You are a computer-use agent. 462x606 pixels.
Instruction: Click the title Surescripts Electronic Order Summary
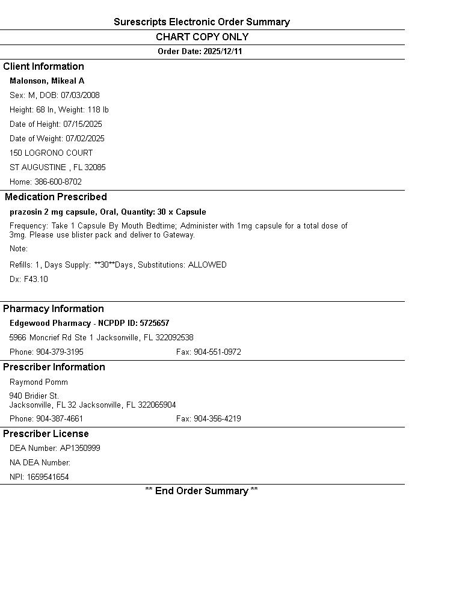(x=202, y=22)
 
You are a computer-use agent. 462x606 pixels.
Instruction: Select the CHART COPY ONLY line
(x=202, y=37)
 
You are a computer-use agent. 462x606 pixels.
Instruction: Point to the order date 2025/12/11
(x=223, y=52)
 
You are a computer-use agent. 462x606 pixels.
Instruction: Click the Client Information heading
(x=43, y=67)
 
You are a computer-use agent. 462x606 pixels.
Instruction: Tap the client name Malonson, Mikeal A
(x=47, y=81)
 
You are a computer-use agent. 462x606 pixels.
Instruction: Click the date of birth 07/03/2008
(x=80, y=96)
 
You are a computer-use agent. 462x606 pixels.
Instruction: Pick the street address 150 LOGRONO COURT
(x=51, y=153)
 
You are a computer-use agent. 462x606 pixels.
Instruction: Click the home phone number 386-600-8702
(x=58, y=182)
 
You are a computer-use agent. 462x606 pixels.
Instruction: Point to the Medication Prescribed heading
(x=56, y=197)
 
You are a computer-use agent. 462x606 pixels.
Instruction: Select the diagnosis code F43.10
(x=35, y=280)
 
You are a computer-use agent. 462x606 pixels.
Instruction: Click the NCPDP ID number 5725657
(x=155, y=323)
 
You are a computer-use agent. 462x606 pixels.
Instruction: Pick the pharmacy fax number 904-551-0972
(x=217, y=352)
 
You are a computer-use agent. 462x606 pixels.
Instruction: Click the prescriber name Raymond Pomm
(x=38, y=382)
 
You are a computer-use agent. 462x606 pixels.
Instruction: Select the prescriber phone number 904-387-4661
(x=60, y=419)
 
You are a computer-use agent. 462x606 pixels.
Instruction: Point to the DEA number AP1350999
(x=80, y=448)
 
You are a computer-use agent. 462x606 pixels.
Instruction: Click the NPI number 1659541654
(x=48, y=477)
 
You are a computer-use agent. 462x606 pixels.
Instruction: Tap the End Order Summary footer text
(x=202, y=491)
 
